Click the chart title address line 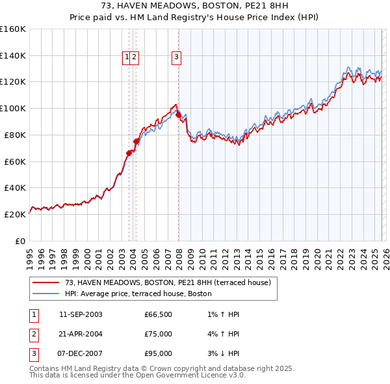tap(194, 5)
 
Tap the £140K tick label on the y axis tap(13, 55)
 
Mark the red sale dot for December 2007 tap(178, 115)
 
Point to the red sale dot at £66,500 tap(129, 153)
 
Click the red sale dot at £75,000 tap(136, 141)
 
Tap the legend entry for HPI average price tap(138, 294)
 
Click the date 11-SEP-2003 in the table tap(81, 314)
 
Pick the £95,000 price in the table tap(159, 353)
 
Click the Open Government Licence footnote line tap(137, 376)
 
